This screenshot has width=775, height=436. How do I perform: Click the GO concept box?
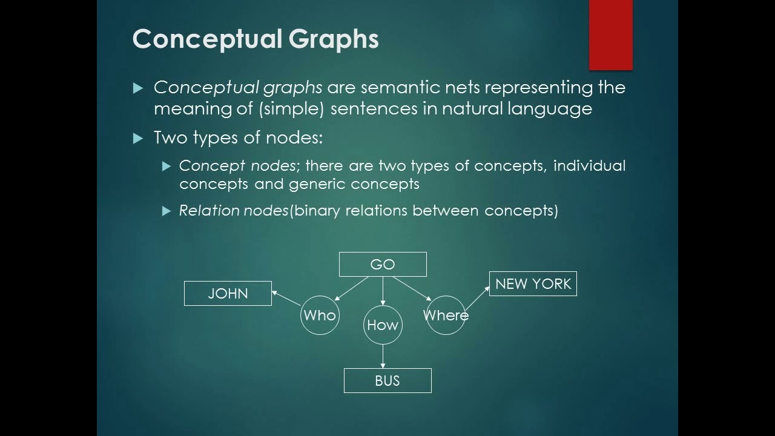383,264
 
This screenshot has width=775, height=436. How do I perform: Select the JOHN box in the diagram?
228,294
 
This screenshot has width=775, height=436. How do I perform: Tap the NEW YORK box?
533,284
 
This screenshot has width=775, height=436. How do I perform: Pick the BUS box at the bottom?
387,380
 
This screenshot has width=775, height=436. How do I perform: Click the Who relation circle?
320,315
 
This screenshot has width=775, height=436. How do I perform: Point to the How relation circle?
383,325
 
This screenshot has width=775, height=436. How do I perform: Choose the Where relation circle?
446,315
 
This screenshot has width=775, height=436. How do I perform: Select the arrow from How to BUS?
383,356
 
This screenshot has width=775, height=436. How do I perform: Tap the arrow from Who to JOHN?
286,298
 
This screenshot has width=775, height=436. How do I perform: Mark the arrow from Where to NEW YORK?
477,298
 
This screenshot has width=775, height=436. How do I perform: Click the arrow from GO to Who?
351,288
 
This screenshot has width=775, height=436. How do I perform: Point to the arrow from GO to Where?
412,288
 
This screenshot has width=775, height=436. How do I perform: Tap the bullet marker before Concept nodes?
167,166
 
